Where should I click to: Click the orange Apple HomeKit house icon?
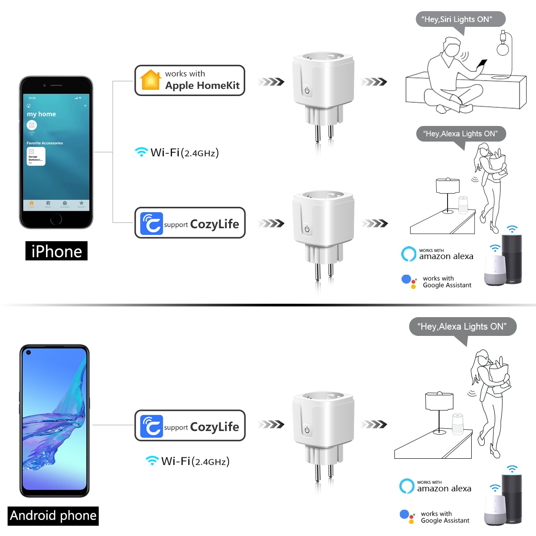pyautogui.click(x=151, y=80)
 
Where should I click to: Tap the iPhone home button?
pyautogui.click(x=56, y=219)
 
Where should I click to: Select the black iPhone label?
pyautogui.click(x=56, y=251)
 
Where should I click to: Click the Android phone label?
pyautogui.click(x=53, y=515)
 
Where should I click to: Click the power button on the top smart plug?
pyautogui.click(x=307, y=90)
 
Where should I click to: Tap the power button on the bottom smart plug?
pyautogui.click(x=307, y=430)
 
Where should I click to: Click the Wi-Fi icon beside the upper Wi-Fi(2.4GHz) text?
pyautogui.click(x=141, y=152)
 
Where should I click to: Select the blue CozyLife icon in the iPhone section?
pyautogui.click(x=151, y=223)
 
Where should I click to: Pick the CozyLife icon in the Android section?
pyautogui.click(x=151, y=426)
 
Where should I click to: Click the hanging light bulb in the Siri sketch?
pyautogui.click(x=503, y=47)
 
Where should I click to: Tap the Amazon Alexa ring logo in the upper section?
pyautogui.click(x=408, y=254)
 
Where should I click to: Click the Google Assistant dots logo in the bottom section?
pyautogui.click(x=407, y=516)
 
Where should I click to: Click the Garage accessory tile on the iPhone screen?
pyautogui.click(x=36, y=156)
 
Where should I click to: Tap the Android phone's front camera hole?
pyautogui.click(x=29, y=352)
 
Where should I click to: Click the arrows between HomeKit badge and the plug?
pyautogui.click(x=271, y=81)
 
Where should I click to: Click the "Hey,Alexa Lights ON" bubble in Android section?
pyautogui.click(x=462, y=327)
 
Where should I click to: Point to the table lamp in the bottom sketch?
pyautogui.click(x=440, y=406)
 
